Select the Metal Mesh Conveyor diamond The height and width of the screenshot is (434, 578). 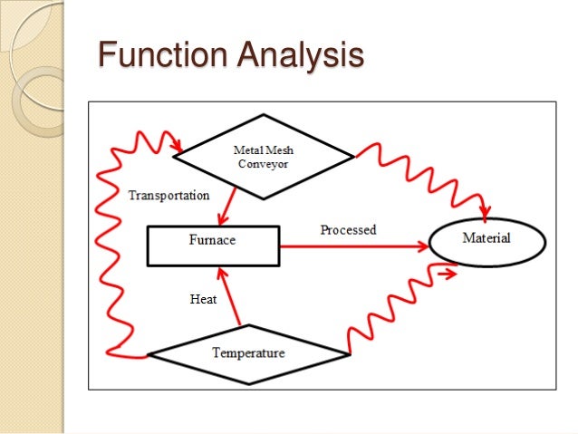(x=263, y=156)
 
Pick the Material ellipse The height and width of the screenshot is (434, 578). (x=486, y=239)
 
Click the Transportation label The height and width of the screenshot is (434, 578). (x=169, y=195)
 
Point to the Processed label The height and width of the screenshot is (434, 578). (x=348, y=230)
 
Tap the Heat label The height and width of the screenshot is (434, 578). (x=202, y=298)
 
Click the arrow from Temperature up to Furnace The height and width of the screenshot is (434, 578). (x=227, y=294)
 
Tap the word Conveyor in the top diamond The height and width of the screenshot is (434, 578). (x=262, y=164)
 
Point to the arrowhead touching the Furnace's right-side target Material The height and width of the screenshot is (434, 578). (x=424, y=245)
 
